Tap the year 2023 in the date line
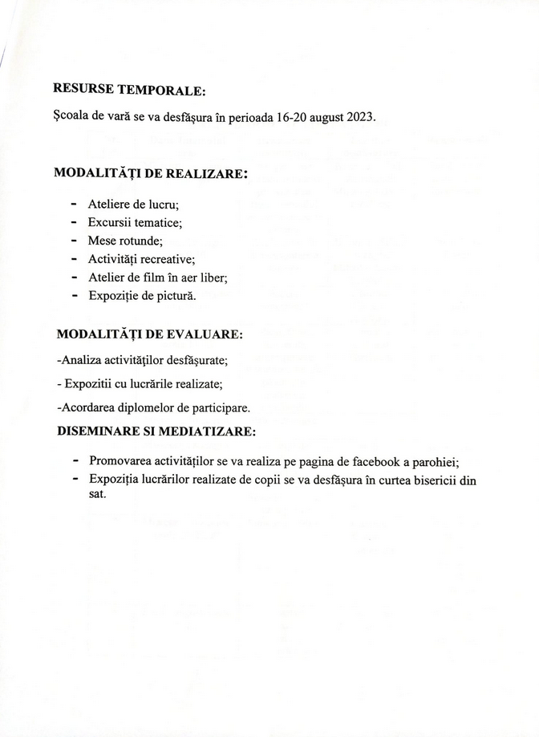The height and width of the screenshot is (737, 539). click(x=361, y=116)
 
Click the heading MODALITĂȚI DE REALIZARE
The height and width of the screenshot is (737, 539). click(x=150, y=173)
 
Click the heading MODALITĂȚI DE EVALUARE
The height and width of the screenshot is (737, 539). click(x=150, y=334)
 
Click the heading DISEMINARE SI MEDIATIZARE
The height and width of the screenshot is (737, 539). click(x=156, y=431)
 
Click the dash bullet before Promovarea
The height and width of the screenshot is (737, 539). click(x=75, y=462)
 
